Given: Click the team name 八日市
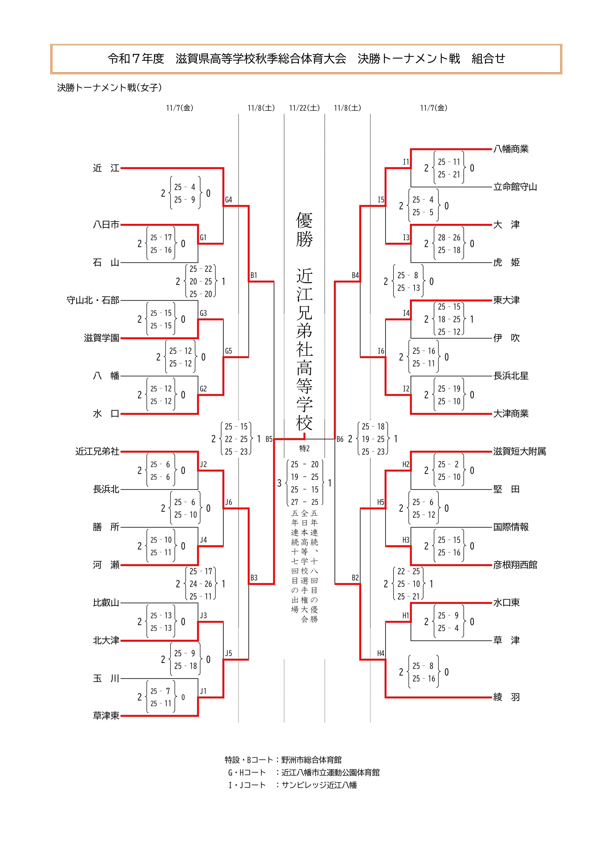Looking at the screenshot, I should tap(106, 225).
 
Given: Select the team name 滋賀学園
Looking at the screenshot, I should tap(101, 338).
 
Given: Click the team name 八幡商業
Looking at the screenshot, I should tap(511, 149).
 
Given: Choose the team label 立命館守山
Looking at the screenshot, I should tap(515, 187).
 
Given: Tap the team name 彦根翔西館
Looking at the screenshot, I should tap(515, 565).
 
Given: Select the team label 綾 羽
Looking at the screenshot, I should tap(506, 697).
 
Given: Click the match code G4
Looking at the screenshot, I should tap(228, 200).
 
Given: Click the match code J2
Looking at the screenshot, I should tap(203, 464).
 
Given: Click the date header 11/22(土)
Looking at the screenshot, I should tap(305, 108).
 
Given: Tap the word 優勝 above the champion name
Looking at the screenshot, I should tap(305, 230).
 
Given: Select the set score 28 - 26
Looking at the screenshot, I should tap(449, 237).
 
